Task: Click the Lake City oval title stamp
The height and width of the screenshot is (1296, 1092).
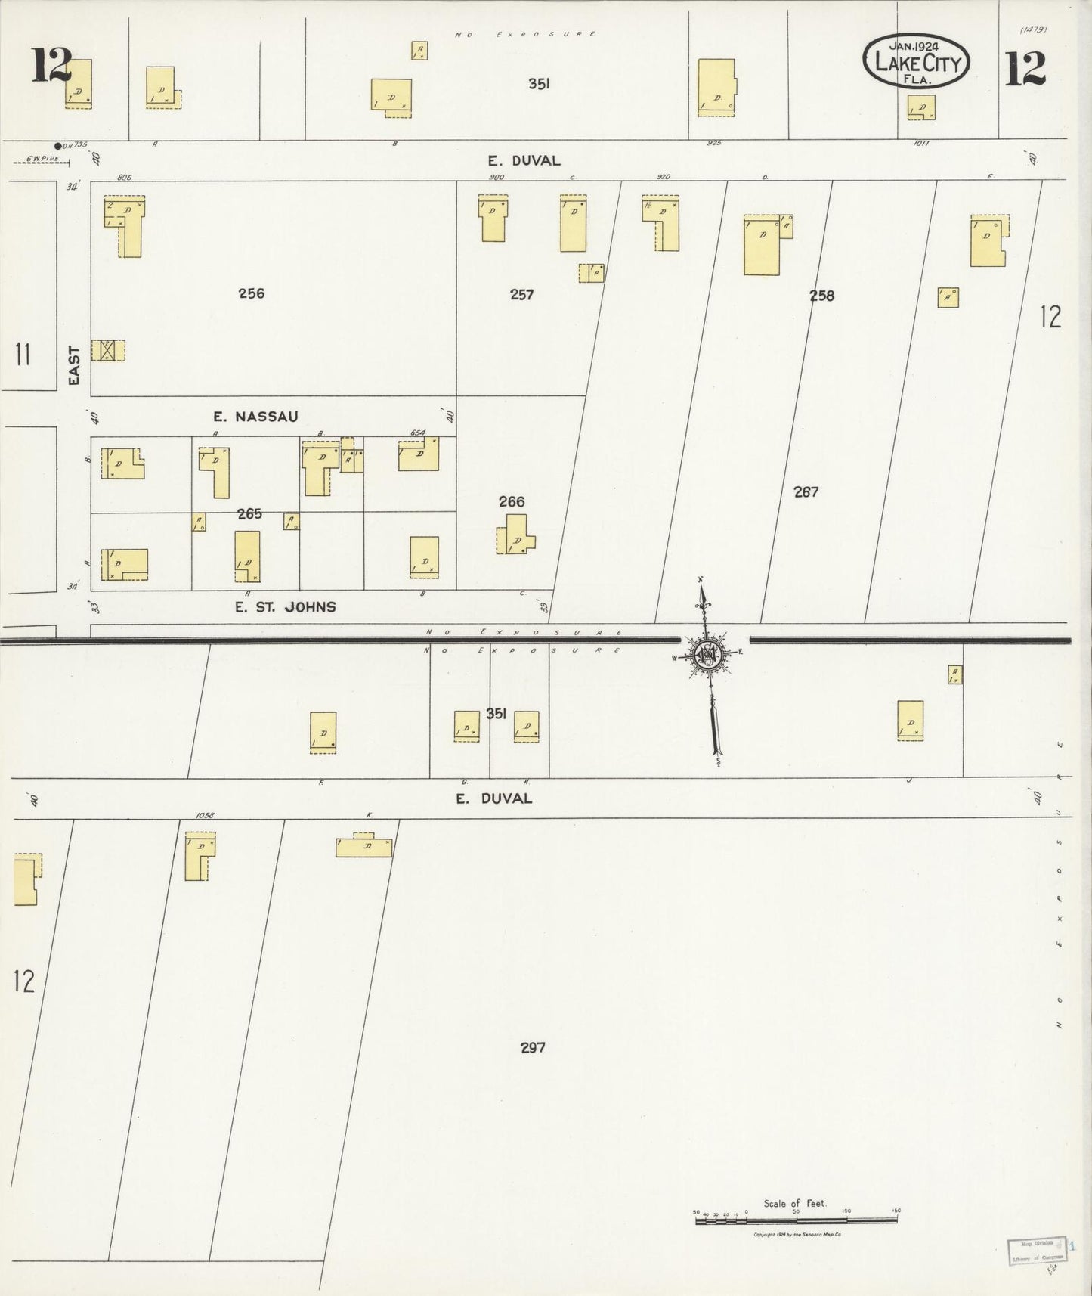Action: [x=917, y=63]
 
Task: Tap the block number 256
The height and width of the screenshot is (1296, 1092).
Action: [x=251, y=293]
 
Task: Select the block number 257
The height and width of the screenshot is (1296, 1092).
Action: [x=521, y=295]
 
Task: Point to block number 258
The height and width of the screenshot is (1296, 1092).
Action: [x=821, y=296]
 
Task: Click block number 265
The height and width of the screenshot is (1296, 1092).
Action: [x=249, y=514]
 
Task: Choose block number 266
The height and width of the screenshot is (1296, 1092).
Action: [x=512, y=501]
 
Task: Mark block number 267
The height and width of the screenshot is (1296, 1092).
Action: [x=806, y=492]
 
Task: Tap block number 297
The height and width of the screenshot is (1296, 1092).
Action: [x=533, y=1047]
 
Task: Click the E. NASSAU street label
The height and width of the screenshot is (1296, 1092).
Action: [x=255, y=417]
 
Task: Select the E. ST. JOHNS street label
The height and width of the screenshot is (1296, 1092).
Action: [x=285, y=606]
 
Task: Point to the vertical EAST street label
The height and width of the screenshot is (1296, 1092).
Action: [x=74, y=365]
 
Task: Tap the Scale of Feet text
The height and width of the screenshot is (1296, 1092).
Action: [x=795, y=1203]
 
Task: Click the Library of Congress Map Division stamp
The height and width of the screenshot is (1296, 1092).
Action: [x=1037, y=1252]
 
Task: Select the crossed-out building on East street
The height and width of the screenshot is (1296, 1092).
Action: [x=107, y=350]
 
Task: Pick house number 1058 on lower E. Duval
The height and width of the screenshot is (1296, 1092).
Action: [x=204, y=816]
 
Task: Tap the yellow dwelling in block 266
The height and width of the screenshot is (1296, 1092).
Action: [x=515, y=535]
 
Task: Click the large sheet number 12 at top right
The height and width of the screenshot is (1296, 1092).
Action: [x=1025, y=68]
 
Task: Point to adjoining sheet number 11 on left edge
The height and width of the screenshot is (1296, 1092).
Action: [x=23, y=354]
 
